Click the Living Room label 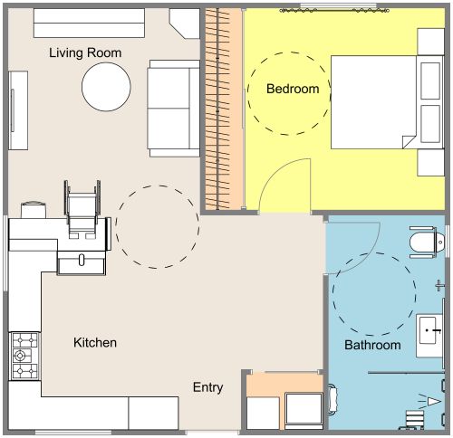tap(85, 53)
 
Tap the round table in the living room tap(108, 86)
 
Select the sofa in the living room tap(174, 106)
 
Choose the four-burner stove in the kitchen tap(23, 356)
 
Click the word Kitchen tap(95, 343)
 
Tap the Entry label tap(207, 387)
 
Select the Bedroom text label tap(293, 89)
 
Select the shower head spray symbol tap(433, 401)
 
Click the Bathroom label tap(372, 346)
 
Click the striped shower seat tap(414, 419)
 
